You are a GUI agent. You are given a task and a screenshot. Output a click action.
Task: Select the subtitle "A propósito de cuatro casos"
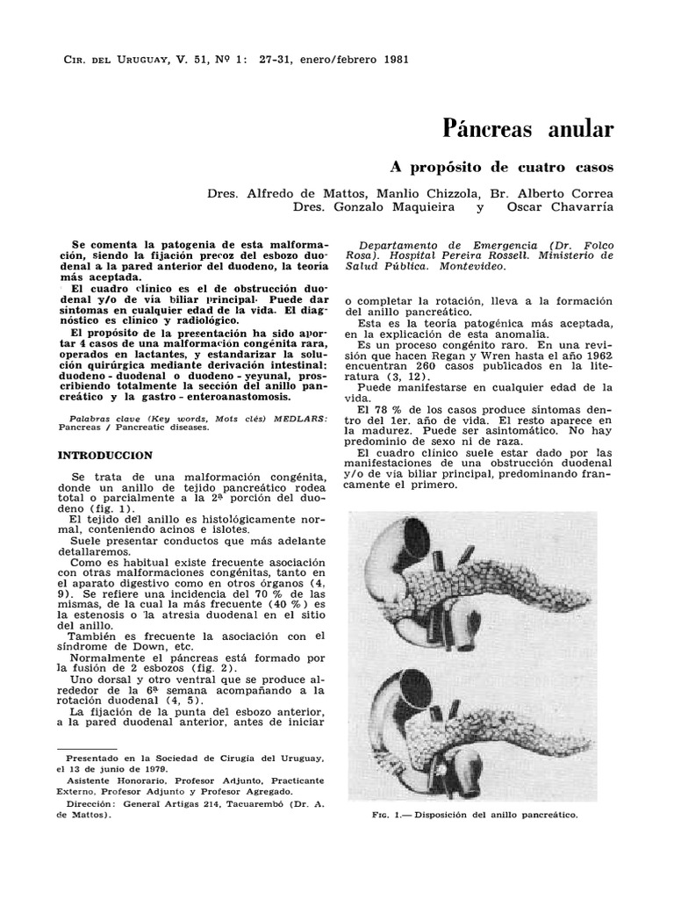(501, 166)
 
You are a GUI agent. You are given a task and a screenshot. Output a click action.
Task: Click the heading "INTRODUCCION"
(104, 456)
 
